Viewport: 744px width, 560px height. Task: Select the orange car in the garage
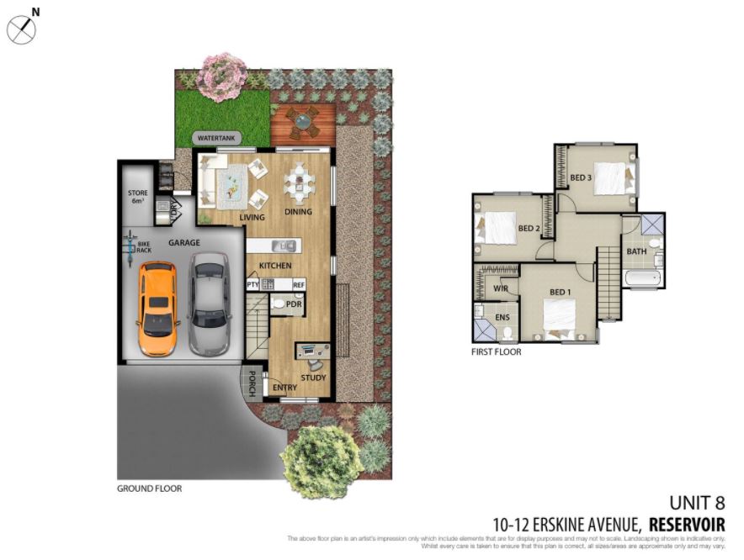pyautogui.click(x=157, y=308)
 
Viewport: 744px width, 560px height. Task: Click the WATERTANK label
pyautogui.click(x=218, y=138)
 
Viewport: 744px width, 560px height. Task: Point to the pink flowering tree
pyautogui.click(x=223, y=77)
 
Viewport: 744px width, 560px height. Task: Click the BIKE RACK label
pyautogui.click(x=144, y=246)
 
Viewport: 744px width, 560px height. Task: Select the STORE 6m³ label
pyautogui.click(x=138, y=198)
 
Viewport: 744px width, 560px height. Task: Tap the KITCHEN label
pyautogui.click(x=275, y=266)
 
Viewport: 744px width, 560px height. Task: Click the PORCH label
pyautogui.click(x=251, y=383)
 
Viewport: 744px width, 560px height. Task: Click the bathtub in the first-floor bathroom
pyautogui.click(x=644, y=281)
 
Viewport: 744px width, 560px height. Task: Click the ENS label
pyautogui.click(x=503, y=318)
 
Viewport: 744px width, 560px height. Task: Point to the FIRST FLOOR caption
pyautogui.click(x=496, y=352)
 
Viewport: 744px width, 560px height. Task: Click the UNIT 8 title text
pyautogui.click(x=695, y=504)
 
